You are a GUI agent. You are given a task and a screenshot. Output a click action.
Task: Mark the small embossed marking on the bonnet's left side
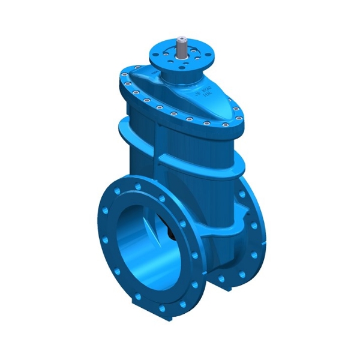tap(157, 73)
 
